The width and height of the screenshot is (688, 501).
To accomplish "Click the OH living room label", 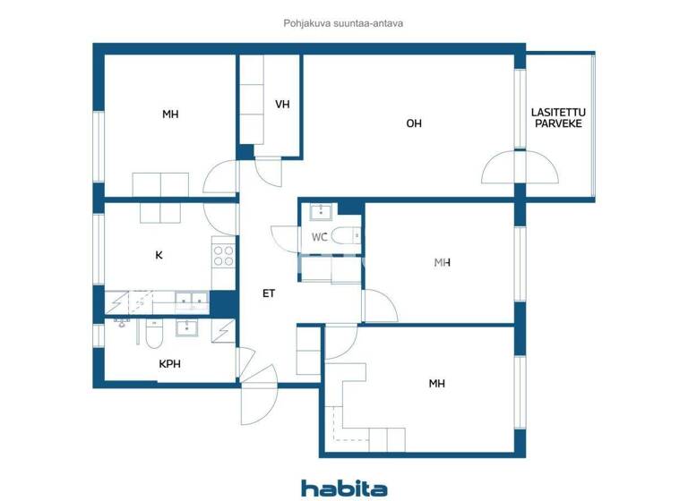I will (x=414, y=124).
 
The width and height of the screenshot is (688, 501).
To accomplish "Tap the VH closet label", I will (x=282, y=105).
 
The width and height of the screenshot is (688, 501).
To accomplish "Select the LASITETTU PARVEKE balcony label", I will (x=556, y=118).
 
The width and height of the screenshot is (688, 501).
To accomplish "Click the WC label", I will (x=319, y=238).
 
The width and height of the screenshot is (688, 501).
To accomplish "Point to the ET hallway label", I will (x=268, y=293).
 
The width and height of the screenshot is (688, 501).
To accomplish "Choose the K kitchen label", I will (x=159, y=255).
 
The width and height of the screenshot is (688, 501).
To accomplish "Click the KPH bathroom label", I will (x=169, y=364).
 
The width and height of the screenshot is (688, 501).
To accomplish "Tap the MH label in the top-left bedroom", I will (x=170, y=114).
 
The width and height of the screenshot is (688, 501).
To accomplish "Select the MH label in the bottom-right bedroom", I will (x=436, y=384).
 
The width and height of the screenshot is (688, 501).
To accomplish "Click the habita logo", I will (x=344, y=488).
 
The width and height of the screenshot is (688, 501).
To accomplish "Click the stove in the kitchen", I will (x=223, y=256).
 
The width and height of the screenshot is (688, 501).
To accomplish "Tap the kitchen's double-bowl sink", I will (x=190, y=300).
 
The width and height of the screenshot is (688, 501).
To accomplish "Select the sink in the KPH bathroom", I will (x=187, y=327).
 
